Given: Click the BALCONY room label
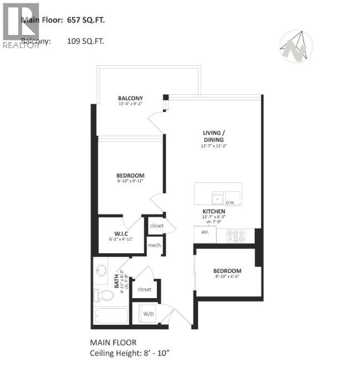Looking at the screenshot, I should tap(130, 98).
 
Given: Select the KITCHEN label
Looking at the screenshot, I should tap(214, 212).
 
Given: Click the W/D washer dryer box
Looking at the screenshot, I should tap(149, 314).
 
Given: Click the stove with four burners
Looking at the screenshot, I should tap(235, 235).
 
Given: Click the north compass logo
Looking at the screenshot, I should tap(296, 47).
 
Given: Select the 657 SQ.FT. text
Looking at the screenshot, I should tap(85, 21).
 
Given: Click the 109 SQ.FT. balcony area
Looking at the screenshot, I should tap(85, 41).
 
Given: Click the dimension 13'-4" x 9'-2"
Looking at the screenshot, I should tap(130, 104).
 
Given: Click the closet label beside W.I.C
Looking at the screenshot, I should tap(156, 226).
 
